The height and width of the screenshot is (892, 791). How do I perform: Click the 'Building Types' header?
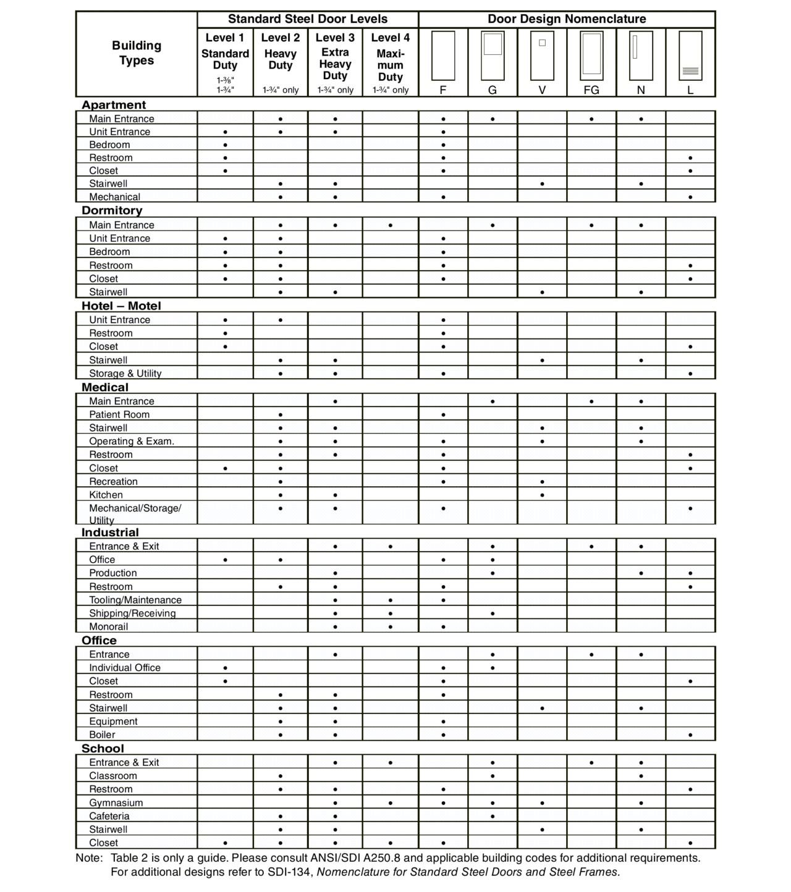(137, 53)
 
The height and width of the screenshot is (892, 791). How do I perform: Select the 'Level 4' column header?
(390, 38)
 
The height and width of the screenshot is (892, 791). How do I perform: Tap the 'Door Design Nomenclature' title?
(567, 19)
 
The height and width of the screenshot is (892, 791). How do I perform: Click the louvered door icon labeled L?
(690, 56)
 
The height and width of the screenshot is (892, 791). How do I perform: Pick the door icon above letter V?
(542, 56)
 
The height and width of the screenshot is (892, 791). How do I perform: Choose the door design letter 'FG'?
(591, 90)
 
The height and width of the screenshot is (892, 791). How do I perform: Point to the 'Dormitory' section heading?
(112, 211)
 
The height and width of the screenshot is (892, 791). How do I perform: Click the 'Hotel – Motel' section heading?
(121, 306)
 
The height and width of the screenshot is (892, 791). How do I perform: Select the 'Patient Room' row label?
(119, 414)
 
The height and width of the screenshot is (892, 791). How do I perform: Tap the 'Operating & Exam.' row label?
(132, 441)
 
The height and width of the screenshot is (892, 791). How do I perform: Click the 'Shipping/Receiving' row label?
(132, 613)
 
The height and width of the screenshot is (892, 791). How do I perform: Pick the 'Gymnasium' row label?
(116, 803)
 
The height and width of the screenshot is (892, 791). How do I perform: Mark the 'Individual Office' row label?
(125, 668)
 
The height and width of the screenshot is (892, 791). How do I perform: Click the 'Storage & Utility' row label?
(125, 374)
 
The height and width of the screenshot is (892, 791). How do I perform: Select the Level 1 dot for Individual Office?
(225, 668)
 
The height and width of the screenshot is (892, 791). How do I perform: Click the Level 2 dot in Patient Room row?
(281, 414)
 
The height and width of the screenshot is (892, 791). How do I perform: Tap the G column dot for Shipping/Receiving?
(493, 613)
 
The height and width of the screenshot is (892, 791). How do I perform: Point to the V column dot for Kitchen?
(542, 495)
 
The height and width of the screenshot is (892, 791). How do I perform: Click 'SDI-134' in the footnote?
(288, 872)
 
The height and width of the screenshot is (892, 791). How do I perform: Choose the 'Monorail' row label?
(109, 627)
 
